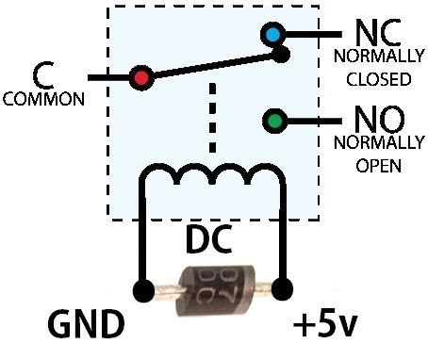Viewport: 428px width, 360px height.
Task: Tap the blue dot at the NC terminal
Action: (273, 35)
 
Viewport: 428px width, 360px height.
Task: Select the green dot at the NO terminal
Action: (273, 121)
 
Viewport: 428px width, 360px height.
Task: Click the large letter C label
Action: (41, 74)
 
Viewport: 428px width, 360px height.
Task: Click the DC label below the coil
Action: (211, 242)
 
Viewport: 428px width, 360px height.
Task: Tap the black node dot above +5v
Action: (280, 287)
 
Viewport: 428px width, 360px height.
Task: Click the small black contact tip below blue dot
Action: (280, 55)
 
